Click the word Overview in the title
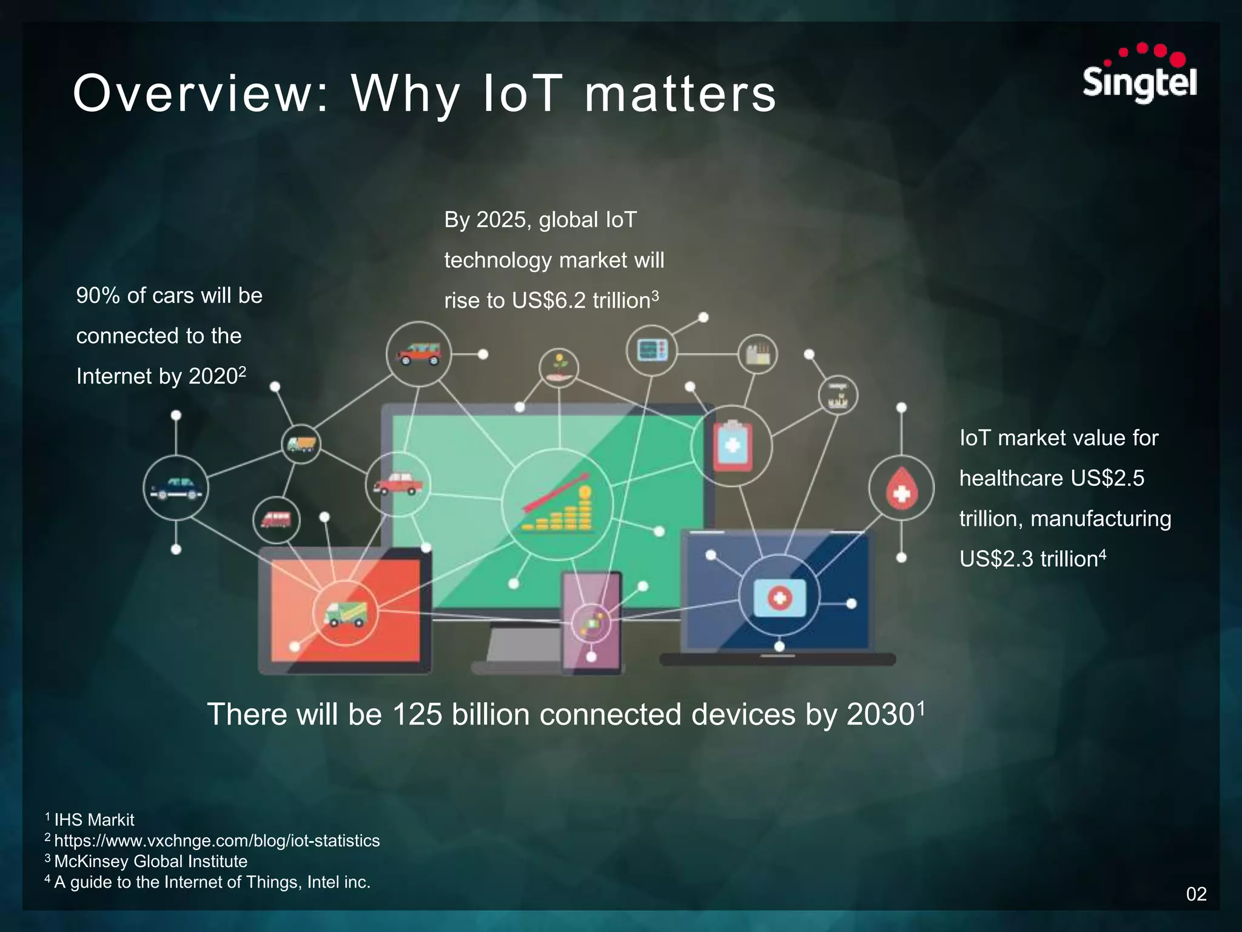[200, 94]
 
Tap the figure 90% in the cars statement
[98, 295]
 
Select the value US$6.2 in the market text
[548, 300]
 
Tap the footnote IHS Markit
[94, 820]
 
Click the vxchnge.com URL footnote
[217, 840]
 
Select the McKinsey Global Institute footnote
[150, 861]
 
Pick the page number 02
[1196, 894]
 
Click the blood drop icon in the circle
[901, 488]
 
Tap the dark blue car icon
[176, 488]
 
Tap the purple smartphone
[591, 622]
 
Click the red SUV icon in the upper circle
[418, 353]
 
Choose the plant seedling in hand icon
[559, 368]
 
